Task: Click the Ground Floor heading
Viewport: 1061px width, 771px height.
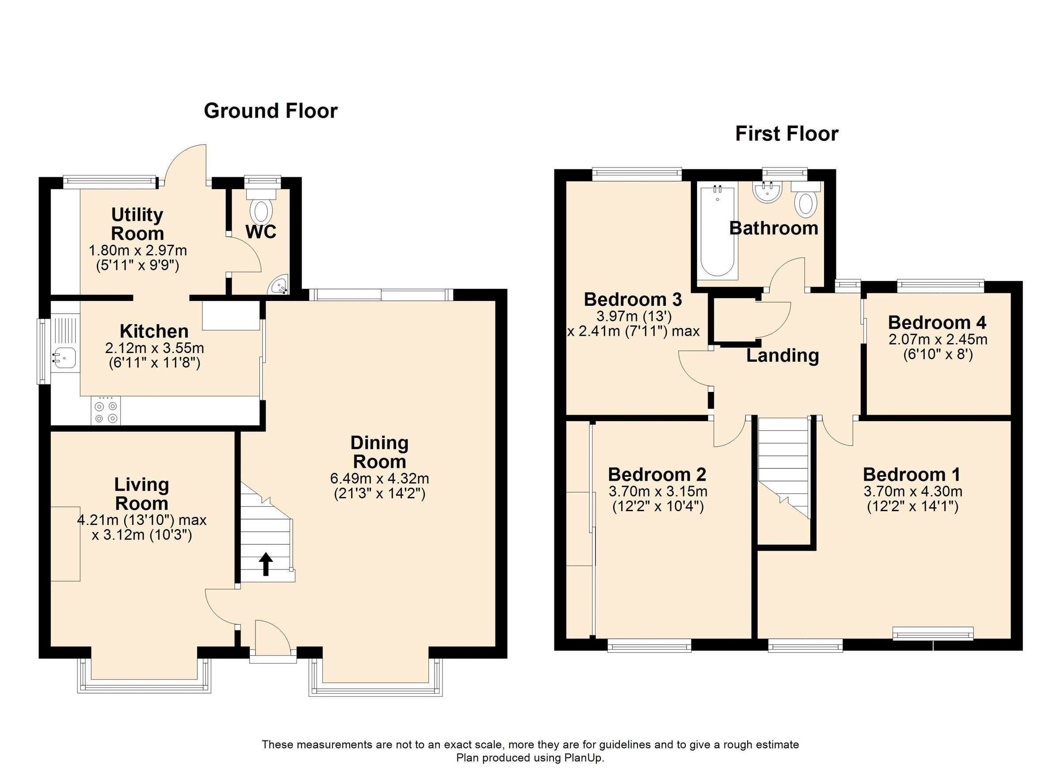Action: pos(271,111)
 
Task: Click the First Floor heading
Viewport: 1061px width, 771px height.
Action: pos(786,134)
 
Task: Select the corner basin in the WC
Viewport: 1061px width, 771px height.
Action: pos(280,286)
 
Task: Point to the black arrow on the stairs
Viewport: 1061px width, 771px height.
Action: pos(266,563)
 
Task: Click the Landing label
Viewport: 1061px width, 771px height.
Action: pos(782,356)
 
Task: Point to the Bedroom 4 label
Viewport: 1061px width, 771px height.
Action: pos(937,323)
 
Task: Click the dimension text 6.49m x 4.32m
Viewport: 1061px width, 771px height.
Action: pos(379,479)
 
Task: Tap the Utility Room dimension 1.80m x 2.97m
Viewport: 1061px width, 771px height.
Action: pos(137,251)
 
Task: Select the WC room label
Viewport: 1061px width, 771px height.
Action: pos(260,232)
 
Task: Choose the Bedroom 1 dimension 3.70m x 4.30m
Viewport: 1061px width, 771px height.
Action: pos(912,491)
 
